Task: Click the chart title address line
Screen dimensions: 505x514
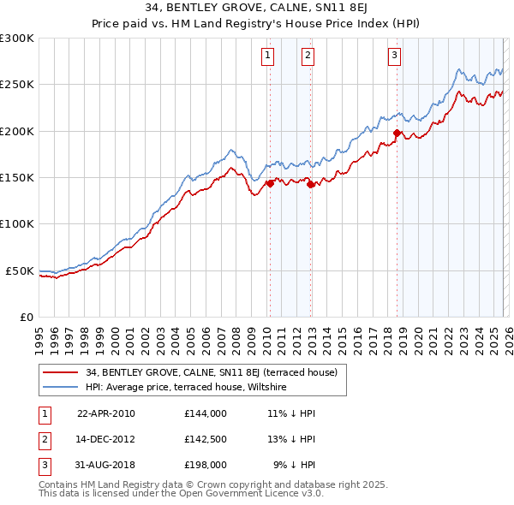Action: (256, 9)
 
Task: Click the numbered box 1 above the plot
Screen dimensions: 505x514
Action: (268, 56)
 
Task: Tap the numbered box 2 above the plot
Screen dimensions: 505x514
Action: (308, 56)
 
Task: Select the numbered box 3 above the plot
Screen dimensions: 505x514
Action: (394, 56)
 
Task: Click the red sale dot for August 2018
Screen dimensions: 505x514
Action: (397, 133)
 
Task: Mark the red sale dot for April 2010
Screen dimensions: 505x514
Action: (270, 182)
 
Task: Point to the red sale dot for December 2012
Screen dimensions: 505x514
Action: (310, 184)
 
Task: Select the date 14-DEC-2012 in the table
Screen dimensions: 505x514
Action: (106, 439)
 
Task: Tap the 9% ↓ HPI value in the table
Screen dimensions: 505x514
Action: (294, 465)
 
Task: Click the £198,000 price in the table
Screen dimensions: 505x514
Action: (205, 465)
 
